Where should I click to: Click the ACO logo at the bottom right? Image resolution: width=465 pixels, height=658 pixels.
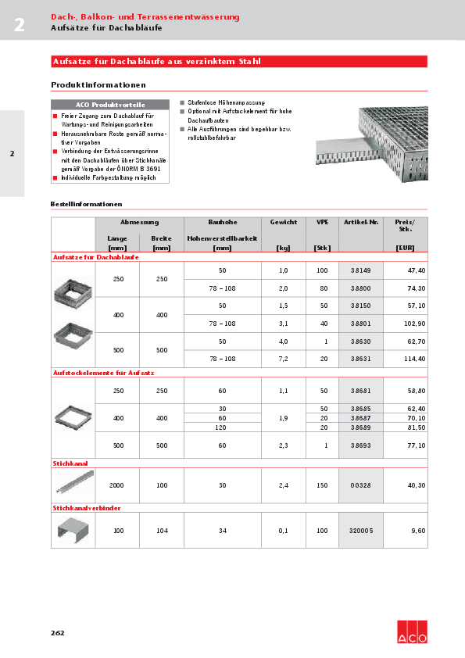coord(412,632)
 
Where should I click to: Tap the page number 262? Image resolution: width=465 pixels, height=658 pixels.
coord(57,632)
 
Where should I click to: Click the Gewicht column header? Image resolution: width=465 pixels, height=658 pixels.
coord(283,223)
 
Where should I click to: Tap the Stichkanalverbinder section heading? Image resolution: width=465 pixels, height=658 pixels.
coord(86,508)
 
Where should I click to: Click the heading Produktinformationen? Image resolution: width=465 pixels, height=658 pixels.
coord(98,84)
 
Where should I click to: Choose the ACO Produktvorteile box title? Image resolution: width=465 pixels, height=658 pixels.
coord(110,105)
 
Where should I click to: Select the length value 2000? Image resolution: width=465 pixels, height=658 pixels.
coord(117,485)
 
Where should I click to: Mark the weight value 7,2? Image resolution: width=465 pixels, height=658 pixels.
coord(283,359)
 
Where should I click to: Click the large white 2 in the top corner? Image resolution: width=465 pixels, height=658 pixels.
coord(19,25)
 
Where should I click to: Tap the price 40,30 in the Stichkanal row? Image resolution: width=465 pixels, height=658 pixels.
coord(416,485)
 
